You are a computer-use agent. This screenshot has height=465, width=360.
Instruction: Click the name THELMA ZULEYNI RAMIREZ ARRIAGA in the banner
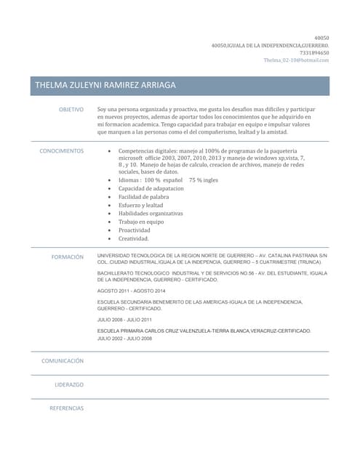105,86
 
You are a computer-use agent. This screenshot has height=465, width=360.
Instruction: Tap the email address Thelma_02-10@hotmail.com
296,60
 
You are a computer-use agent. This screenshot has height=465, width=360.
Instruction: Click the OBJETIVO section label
71,109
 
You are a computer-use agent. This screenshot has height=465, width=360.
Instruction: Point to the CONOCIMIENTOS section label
62,151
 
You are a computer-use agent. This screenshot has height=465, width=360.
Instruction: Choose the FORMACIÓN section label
68,257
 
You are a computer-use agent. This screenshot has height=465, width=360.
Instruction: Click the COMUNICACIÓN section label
63,360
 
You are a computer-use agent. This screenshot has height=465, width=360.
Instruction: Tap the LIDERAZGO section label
69,384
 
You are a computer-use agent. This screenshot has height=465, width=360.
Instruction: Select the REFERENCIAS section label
67,408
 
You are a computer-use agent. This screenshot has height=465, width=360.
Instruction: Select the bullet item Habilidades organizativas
151,214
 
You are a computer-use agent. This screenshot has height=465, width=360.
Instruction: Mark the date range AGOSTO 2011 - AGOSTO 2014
131,291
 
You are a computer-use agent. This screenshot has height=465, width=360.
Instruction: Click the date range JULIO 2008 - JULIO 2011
124,320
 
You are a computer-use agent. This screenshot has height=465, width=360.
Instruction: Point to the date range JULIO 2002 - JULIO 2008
124,339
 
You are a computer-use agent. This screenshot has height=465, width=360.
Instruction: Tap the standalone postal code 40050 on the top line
321,38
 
